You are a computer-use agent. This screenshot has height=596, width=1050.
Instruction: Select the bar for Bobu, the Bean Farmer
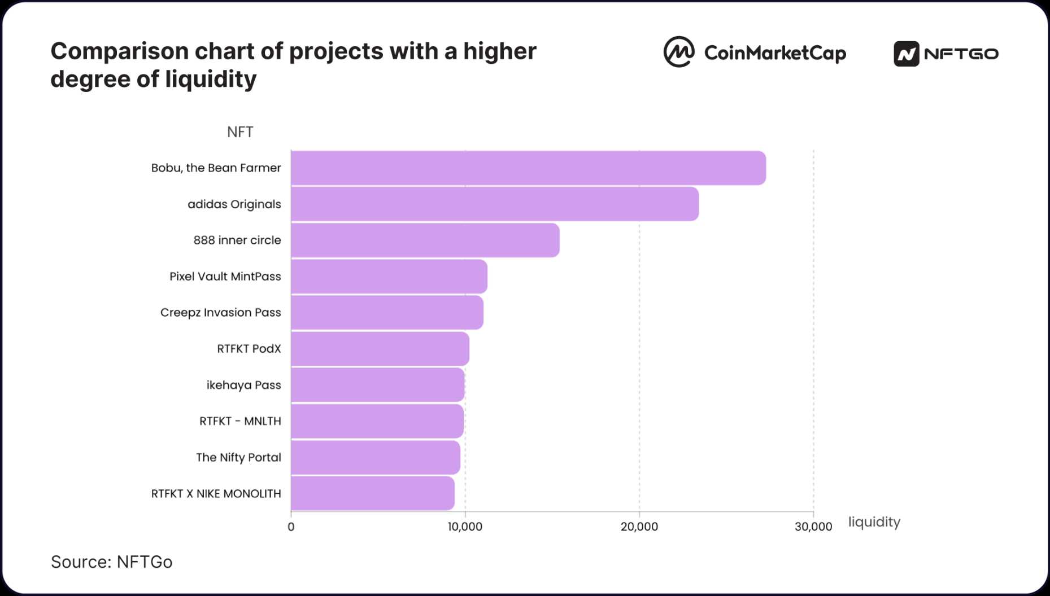[x=528, y=168]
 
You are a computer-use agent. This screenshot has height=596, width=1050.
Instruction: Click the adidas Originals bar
[x=495, y=204]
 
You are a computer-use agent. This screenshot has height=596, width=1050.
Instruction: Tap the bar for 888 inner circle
[x=425, y=240]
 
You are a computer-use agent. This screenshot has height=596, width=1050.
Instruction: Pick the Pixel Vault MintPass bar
[x=389, y=277]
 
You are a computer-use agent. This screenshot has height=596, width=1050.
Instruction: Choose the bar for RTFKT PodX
[x=380, y=349]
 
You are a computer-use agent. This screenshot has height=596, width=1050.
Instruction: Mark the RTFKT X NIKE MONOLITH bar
[x=372, y=494]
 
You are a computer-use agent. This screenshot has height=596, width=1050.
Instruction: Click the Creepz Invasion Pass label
[x=220, y=313]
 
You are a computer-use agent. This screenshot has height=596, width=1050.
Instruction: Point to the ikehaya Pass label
[x=243, y=385]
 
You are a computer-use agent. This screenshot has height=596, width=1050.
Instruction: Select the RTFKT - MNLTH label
[x=240, y=421]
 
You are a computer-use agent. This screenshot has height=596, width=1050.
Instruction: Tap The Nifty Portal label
[x=238, y=457]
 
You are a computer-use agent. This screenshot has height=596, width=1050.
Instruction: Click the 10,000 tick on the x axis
[x=465, y=527]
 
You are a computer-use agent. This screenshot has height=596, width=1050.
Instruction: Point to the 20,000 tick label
[x=639, y=527]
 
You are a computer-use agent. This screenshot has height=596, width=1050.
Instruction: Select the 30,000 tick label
[x=813, y=527]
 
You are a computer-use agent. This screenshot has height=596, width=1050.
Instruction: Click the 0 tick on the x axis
[x=291, y=527]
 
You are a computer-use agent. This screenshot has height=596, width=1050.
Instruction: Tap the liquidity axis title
[x=874, y=522]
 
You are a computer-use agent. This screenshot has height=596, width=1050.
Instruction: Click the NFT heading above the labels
[x=240, y=132]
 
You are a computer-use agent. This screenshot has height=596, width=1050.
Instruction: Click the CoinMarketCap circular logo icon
[x=678, y=52]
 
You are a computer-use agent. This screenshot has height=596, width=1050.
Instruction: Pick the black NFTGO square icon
[x=906, y=54]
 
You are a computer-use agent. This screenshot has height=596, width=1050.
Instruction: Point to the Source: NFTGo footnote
[x=111, y=562]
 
